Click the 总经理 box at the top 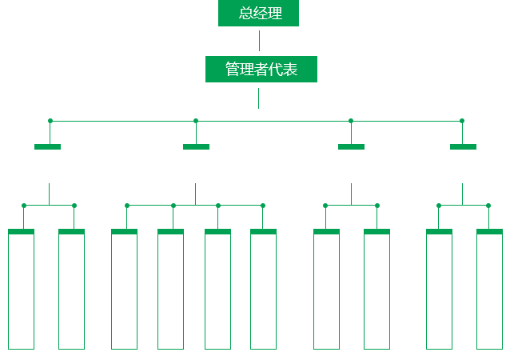[257, 14]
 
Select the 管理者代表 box [261, 70]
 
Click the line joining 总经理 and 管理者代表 [258, 41]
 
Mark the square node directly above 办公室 [24, 205]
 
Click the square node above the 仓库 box [262, 205]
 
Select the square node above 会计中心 [488, 205]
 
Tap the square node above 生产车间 [126, 205]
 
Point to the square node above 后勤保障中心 [74, 205]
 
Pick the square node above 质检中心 [217, 205]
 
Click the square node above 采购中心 [438, 205]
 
